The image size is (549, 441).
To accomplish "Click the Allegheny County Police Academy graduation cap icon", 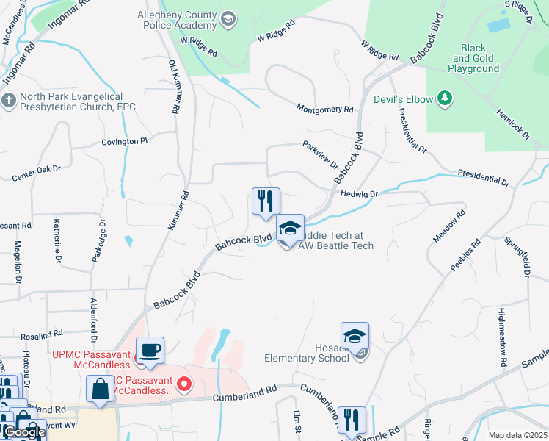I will [228, 19].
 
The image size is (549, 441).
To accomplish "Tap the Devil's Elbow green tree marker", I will [444, 97].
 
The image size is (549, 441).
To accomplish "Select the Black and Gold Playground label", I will [474, 59].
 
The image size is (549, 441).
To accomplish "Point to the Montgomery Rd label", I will [325, 109].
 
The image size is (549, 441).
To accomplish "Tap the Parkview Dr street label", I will [320, 155].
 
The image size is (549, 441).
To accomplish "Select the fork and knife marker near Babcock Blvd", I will [266, 201].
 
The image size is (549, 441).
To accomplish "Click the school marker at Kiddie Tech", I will [290, 227].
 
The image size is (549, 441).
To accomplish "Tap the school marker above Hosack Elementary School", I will [355, 336].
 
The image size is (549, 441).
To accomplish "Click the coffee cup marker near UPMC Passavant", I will [150, 350].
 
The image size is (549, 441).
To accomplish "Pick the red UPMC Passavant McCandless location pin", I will [186, 384].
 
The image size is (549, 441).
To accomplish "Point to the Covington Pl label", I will [125, 141].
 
